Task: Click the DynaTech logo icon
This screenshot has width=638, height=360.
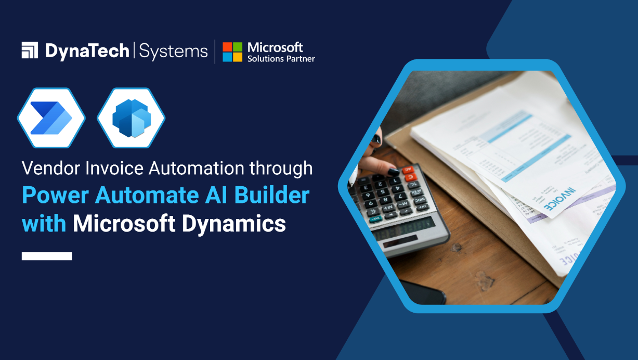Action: (30, 50)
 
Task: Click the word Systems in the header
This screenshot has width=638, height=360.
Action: (174, 51)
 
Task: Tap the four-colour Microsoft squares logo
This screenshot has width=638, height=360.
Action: (232, 52)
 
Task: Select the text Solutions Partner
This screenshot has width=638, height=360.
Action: (281, 59)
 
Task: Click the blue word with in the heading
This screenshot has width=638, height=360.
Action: (44, 224)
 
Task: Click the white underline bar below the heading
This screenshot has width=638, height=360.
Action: (47, 255)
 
